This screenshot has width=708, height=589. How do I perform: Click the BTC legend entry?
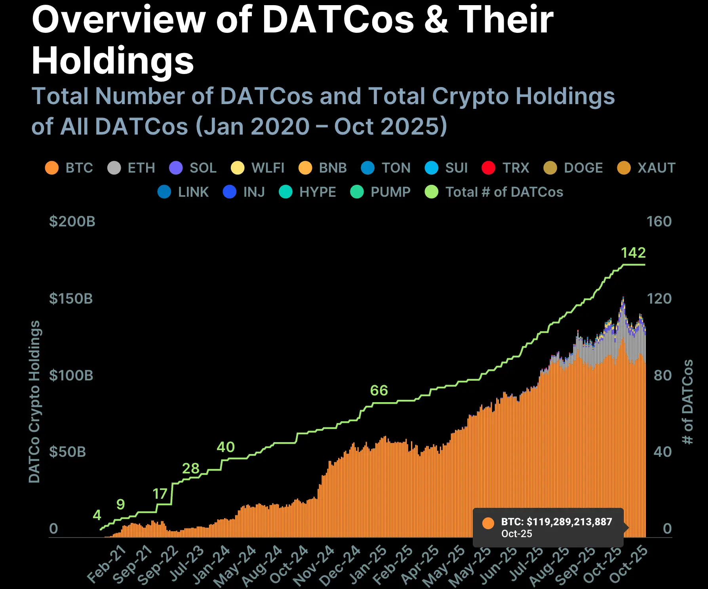(x=69, y=168)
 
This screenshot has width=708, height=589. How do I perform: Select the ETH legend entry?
(x=131, y=168)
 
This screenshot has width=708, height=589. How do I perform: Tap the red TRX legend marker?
(x=488, y=168)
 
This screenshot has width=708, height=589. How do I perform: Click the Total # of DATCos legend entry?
(x=494, y=192)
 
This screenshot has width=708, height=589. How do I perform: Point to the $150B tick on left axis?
(x=71, y=298)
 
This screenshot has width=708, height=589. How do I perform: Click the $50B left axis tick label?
(x=67, y=452)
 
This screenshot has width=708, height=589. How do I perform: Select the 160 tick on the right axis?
(x=659, y=221)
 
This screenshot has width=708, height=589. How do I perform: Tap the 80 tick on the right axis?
(x=662, y=375)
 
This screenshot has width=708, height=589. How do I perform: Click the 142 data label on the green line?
(x=633, y=253)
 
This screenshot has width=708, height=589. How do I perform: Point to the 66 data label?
(x=379, y=391)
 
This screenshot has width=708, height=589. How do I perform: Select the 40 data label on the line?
(x=226, y=447)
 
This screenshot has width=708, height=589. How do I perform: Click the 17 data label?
(x=160, y=494)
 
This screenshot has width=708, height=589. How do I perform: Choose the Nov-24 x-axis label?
(x=314, y=565)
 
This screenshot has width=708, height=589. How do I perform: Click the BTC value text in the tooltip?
(x=556, y=522)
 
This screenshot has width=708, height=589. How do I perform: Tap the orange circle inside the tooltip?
(x=488, y=523)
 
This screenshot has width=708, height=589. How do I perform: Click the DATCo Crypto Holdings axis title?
(x=34, y=401)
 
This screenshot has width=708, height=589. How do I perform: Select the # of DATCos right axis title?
(x=688, y=401)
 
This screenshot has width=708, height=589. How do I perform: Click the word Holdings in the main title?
(x=113, y=61)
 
